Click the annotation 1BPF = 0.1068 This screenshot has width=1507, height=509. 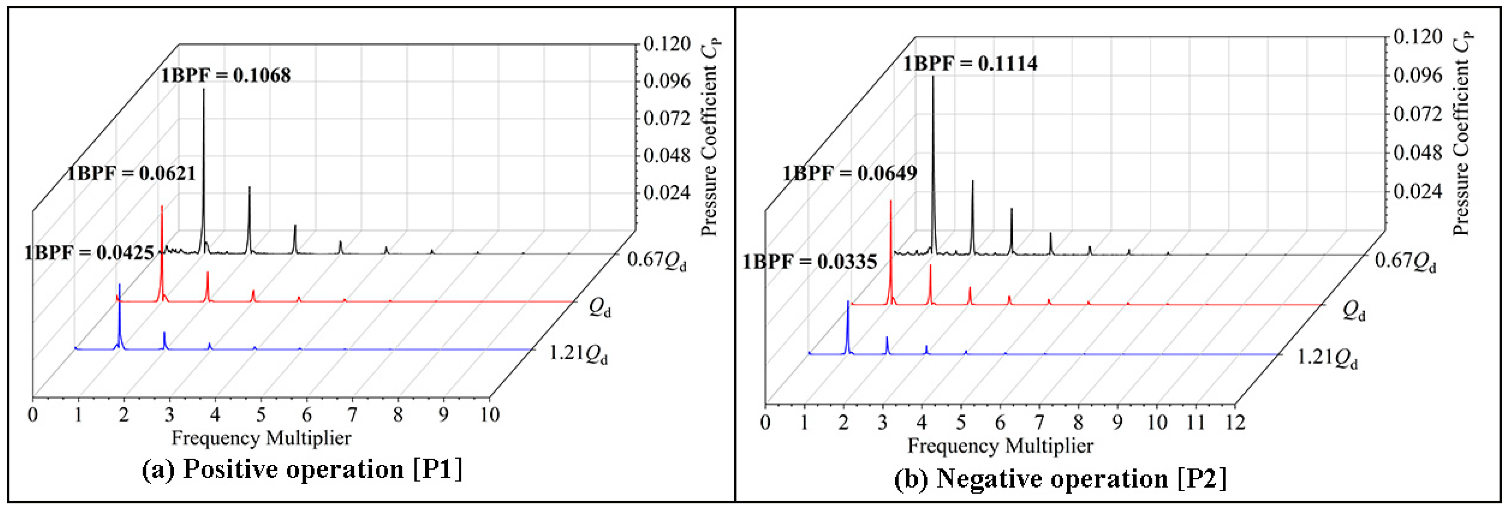226,76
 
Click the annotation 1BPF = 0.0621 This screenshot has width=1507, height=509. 131,173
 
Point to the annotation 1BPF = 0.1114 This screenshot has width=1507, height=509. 970,63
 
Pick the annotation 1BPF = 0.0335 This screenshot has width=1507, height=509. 810,261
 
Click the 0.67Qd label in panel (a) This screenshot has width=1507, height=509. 657,260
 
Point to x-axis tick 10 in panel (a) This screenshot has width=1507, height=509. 489,415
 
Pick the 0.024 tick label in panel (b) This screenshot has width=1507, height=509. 1417,191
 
